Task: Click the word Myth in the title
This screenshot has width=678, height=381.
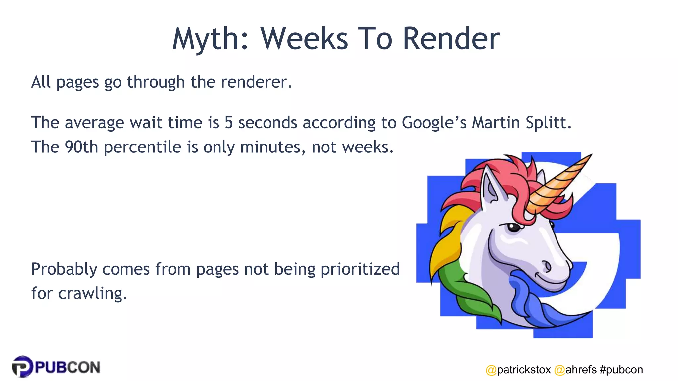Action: tap(210, 39)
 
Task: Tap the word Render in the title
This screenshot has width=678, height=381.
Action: tap(451, 39)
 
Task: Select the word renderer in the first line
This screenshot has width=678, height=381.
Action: tap(257, 82)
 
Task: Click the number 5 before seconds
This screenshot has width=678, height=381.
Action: tap(228, 123)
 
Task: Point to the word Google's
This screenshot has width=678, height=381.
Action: tap(434, 123)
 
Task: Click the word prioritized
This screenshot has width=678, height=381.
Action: tap(360, 269)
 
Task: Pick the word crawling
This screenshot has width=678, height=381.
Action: tap(92, 293)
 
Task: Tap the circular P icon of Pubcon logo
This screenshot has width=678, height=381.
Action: tap(23, 366)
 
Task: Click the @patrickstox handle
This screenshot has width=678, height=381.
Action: tap(518, 370)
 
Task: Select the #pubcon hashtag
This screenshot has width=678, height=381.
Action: tap(621, 370)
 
